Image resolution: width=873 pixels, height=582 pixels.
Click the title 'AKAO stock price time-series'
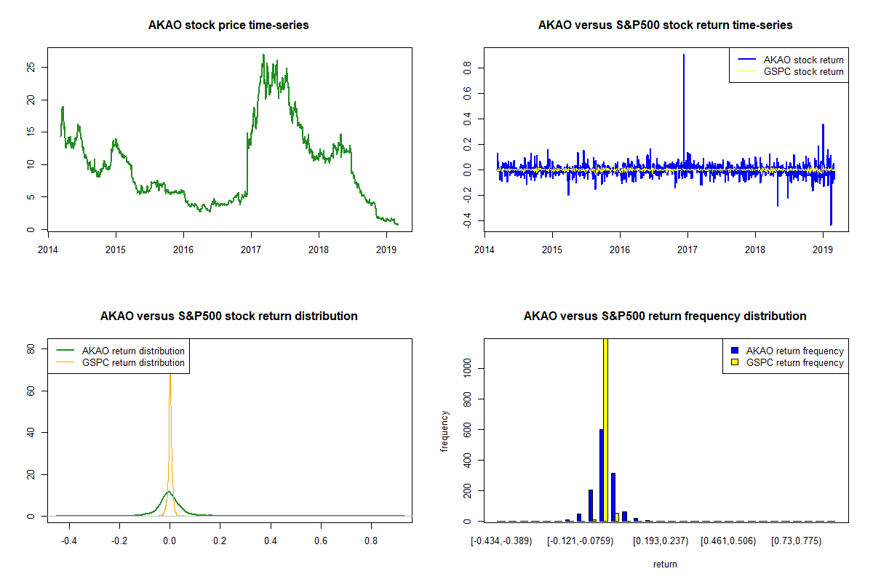click(x=228, y=25)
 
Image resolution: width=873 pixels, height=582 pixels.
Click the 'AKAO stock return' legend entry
click(x=803, y=60)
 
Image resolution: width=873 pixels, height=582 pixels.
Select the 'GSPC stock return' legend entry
click(x=803, y=72)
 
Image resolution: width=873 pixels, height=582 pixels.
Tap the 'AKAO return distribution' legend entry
click(x=133, y=351)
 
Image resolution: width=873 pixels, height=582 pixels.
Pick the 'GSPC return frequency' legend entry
click(x=794, y=362)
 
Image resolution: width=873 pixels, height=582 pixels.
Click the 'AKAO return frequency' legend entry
click(x=794, y=351)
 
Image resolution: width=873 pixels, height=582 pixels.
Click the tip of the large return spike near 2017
click(x=684, y=55)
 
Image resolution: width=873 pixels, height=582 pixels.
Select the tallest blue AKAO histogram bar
click(x=601, y=477)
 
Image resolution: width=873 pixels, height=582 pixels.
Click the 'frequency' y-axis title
click(x=445, y=431)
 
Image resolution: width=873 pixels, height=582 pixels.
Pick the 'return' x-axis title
click(x=665, y=564)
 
